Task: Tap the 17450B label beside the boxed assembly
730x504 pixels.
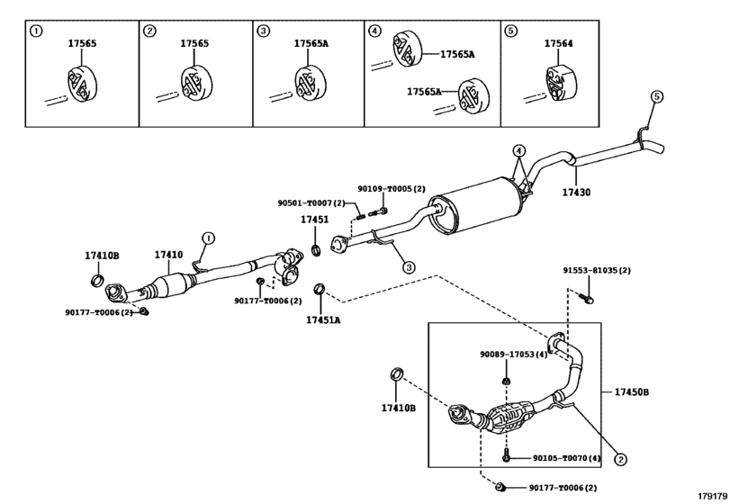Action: tap(632, 391)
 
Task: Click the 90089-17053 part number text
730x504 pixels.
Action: tap(512, 355)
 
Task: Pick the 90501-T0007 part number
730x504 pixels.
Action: tap(305, 203)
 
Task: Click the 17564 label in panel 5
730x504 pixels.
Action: tap(558, 43)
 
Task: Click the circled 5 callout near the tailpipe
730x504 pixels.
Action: tap(656, 96)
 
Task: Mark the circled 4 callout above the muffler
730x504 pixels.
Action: tap(518, 149)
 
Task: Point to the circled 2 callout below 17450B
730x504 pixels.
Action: tap(619, 459)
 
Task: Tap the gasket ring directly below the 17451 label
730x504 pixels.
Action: tap(316, 249)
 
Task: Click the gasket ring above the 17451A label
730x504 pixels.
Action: tap(319, 290)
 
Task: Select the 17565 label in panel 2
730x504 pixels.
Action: tap(194, 43)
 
